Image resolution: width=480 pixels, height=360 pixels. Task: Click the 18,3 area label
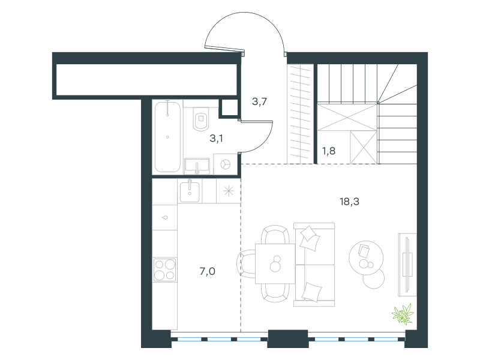click(x=349, y=202)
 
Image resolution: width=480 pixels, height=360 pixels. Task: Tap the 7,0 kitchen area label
click(x=207, y=271)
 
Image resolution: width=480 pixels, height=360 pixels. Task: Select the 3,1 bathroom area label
click(x=216, y=139)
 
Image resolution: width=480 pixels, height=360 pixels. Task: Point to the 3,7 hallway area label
click(x=259, y=101)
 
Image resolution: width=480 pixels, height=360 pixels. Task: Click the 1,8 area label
click(x=328, y=151)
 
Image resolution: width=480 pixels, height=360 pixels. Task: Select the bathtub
click(x=167, y=137)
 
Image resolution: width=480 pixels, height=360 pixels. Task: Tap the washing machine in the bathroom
click(x=226, y=164)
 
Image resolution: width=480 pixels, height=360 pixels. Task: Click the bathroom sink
click(x=197, y=166)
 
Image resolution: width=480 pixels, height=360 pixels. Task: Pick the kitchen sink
click(x=190, y=191)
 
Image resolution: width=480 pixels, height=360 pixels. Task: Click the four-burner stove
click(x=164, y=269)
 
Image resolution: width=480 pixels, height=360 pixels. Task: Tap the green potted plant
click(x=403, y=314)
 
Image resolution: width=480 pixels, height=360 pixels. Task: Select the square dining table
click(x=275, y=263)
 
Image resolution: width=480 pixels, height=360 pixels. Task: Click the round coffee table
click(x=366, y=257)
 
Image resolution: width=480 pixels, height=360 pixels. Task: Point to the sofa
click(x=314, y=265)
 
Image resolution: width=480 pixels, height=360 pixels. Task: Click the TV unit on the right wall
click(x=407, y=265)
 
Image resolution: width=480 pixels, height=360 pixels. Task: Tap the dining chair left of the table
click(x=246, y=263)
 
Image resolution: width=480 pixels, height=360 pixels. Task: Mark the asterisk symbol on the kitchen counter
click(x=229, y=191)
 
